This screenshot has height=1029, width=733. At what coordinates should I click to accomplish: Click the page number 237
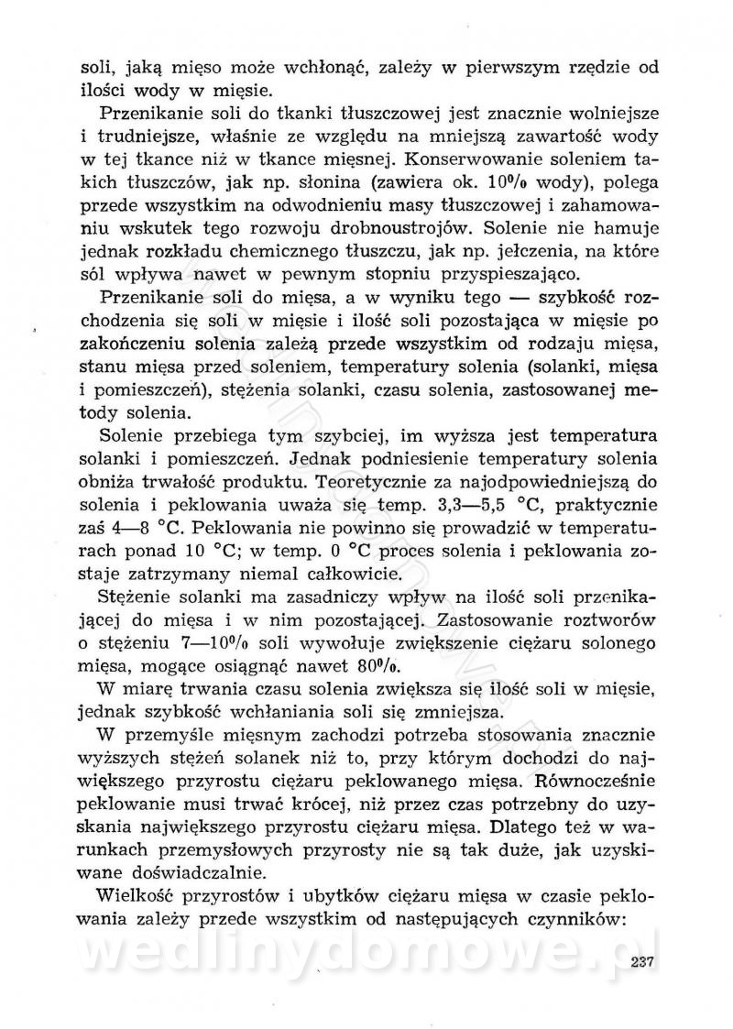click(647, 959)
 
